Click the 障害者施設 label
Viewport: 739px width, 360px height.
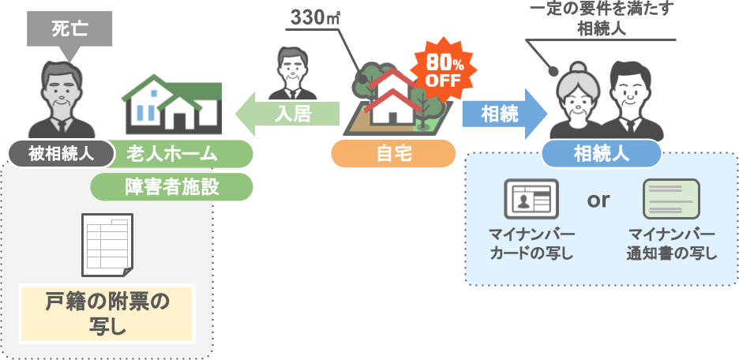coord(171,187)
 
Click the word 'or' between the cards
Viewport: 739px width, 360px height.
coord(598,200)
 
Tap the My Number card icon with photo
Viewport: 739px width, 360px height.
coord(531,199)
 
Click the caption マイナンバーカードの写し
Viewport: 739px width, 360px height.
coord(531,245)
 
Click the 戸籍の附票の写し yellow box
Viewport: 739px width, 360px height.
coord(108,312)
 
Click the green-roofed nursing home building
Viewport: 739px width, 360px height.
coord(173,105)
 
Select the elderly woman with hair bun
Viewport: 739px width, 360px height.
coord(578,99)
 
